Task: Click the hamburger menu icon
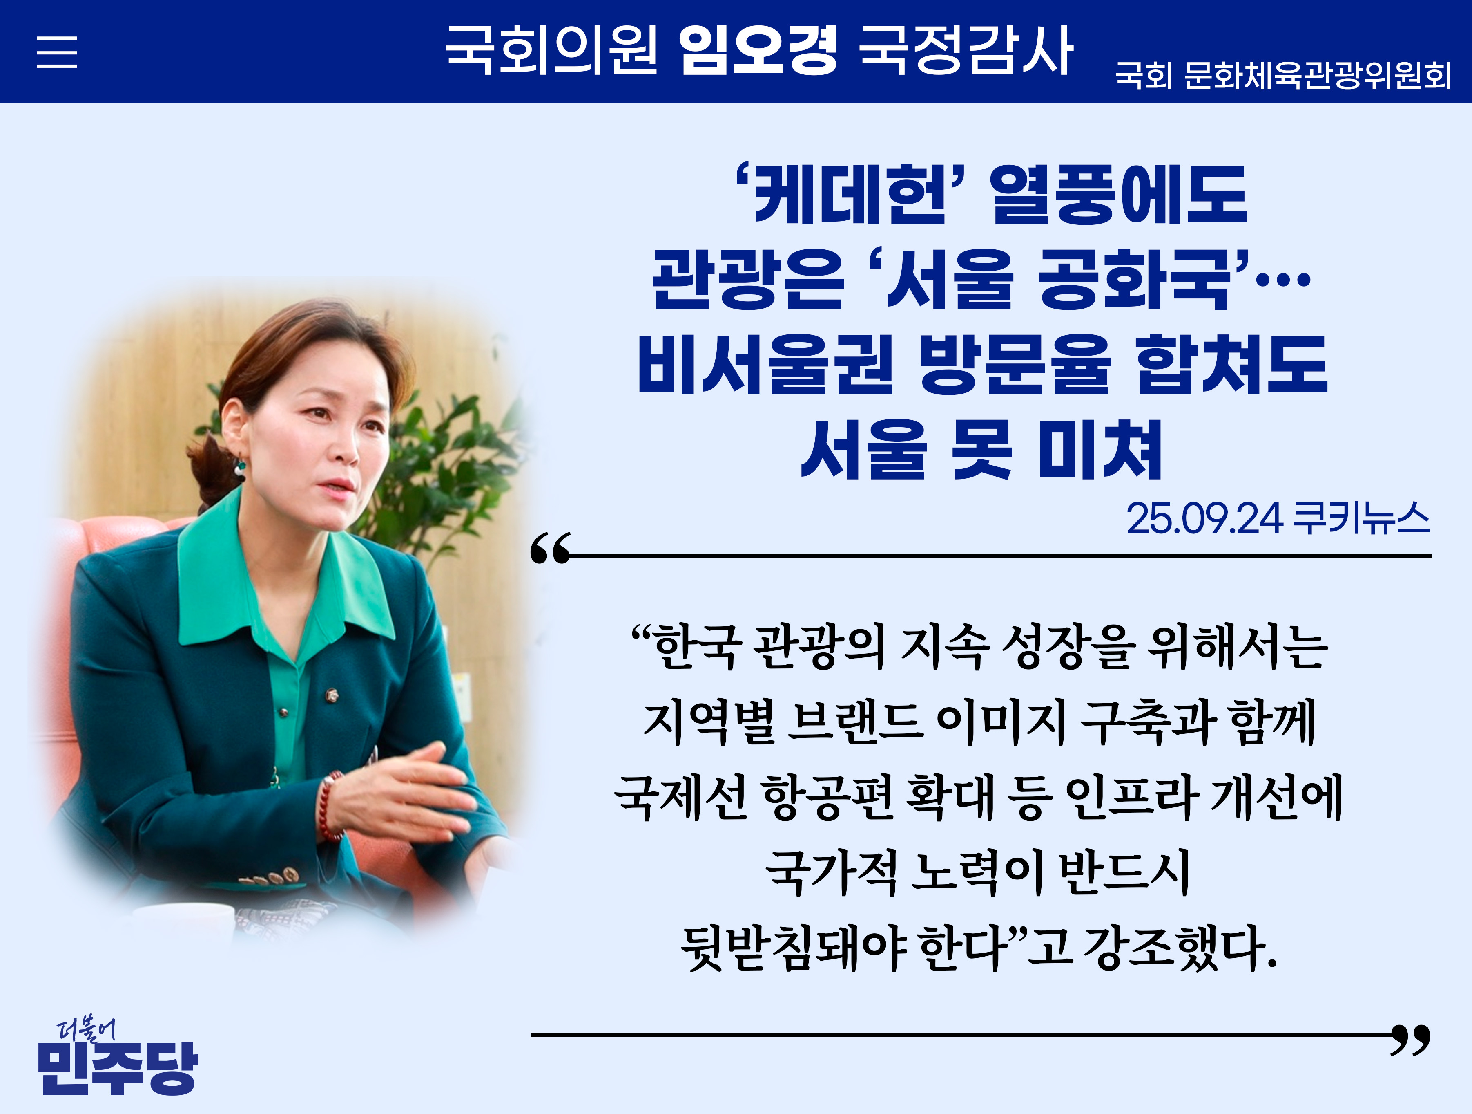(56, 52)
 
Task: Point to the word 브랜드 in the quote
(856, 722)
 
